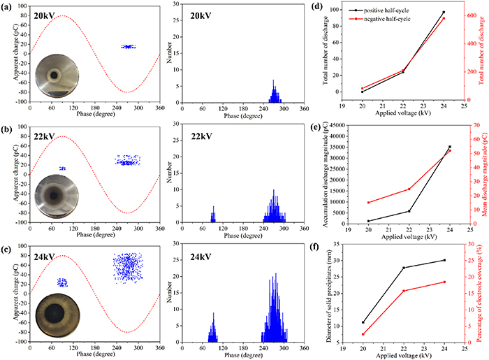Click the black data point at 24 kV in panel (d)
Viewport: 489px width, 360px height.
[x=443, y=13]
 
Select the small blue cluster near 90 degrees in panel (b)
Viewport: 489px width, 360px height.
[x=62, y=168]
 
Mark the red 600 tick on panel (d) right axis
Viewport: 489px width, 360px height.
[x=462, y=14]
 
